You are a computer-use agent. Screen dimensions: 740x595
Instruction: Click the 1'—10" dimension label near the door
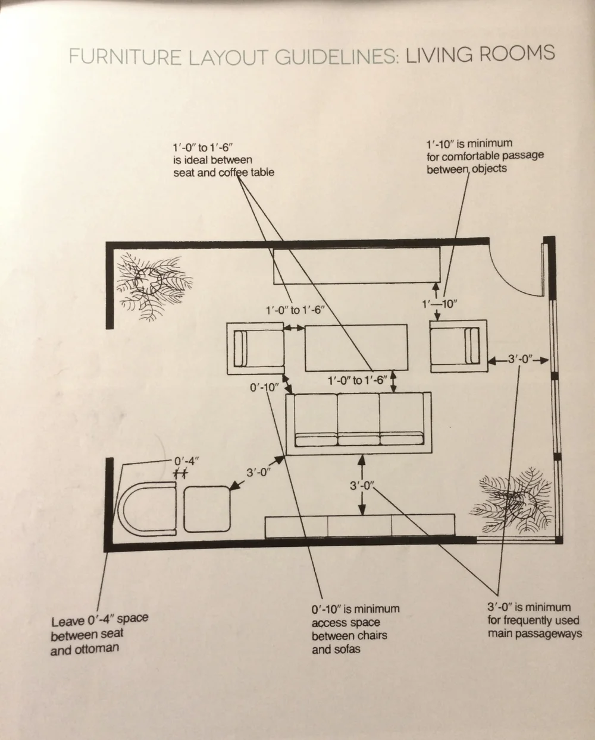[x=439, y=304]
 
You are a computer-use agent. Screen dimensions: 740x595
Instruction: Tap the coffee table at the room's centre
[x=356, y=347]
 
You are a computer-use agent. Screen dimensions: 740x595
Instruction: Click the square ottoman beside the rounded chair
[x=207, y=509]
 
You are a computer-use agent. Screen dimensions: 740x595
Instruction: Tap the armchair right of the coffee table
[x=458, y=345]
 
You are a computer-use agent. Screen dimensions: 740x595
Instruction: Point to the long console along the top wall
[x=356, y=266]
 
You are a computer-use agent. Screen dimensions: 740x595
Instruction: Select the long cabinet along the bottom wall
[x=359, y=525]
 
